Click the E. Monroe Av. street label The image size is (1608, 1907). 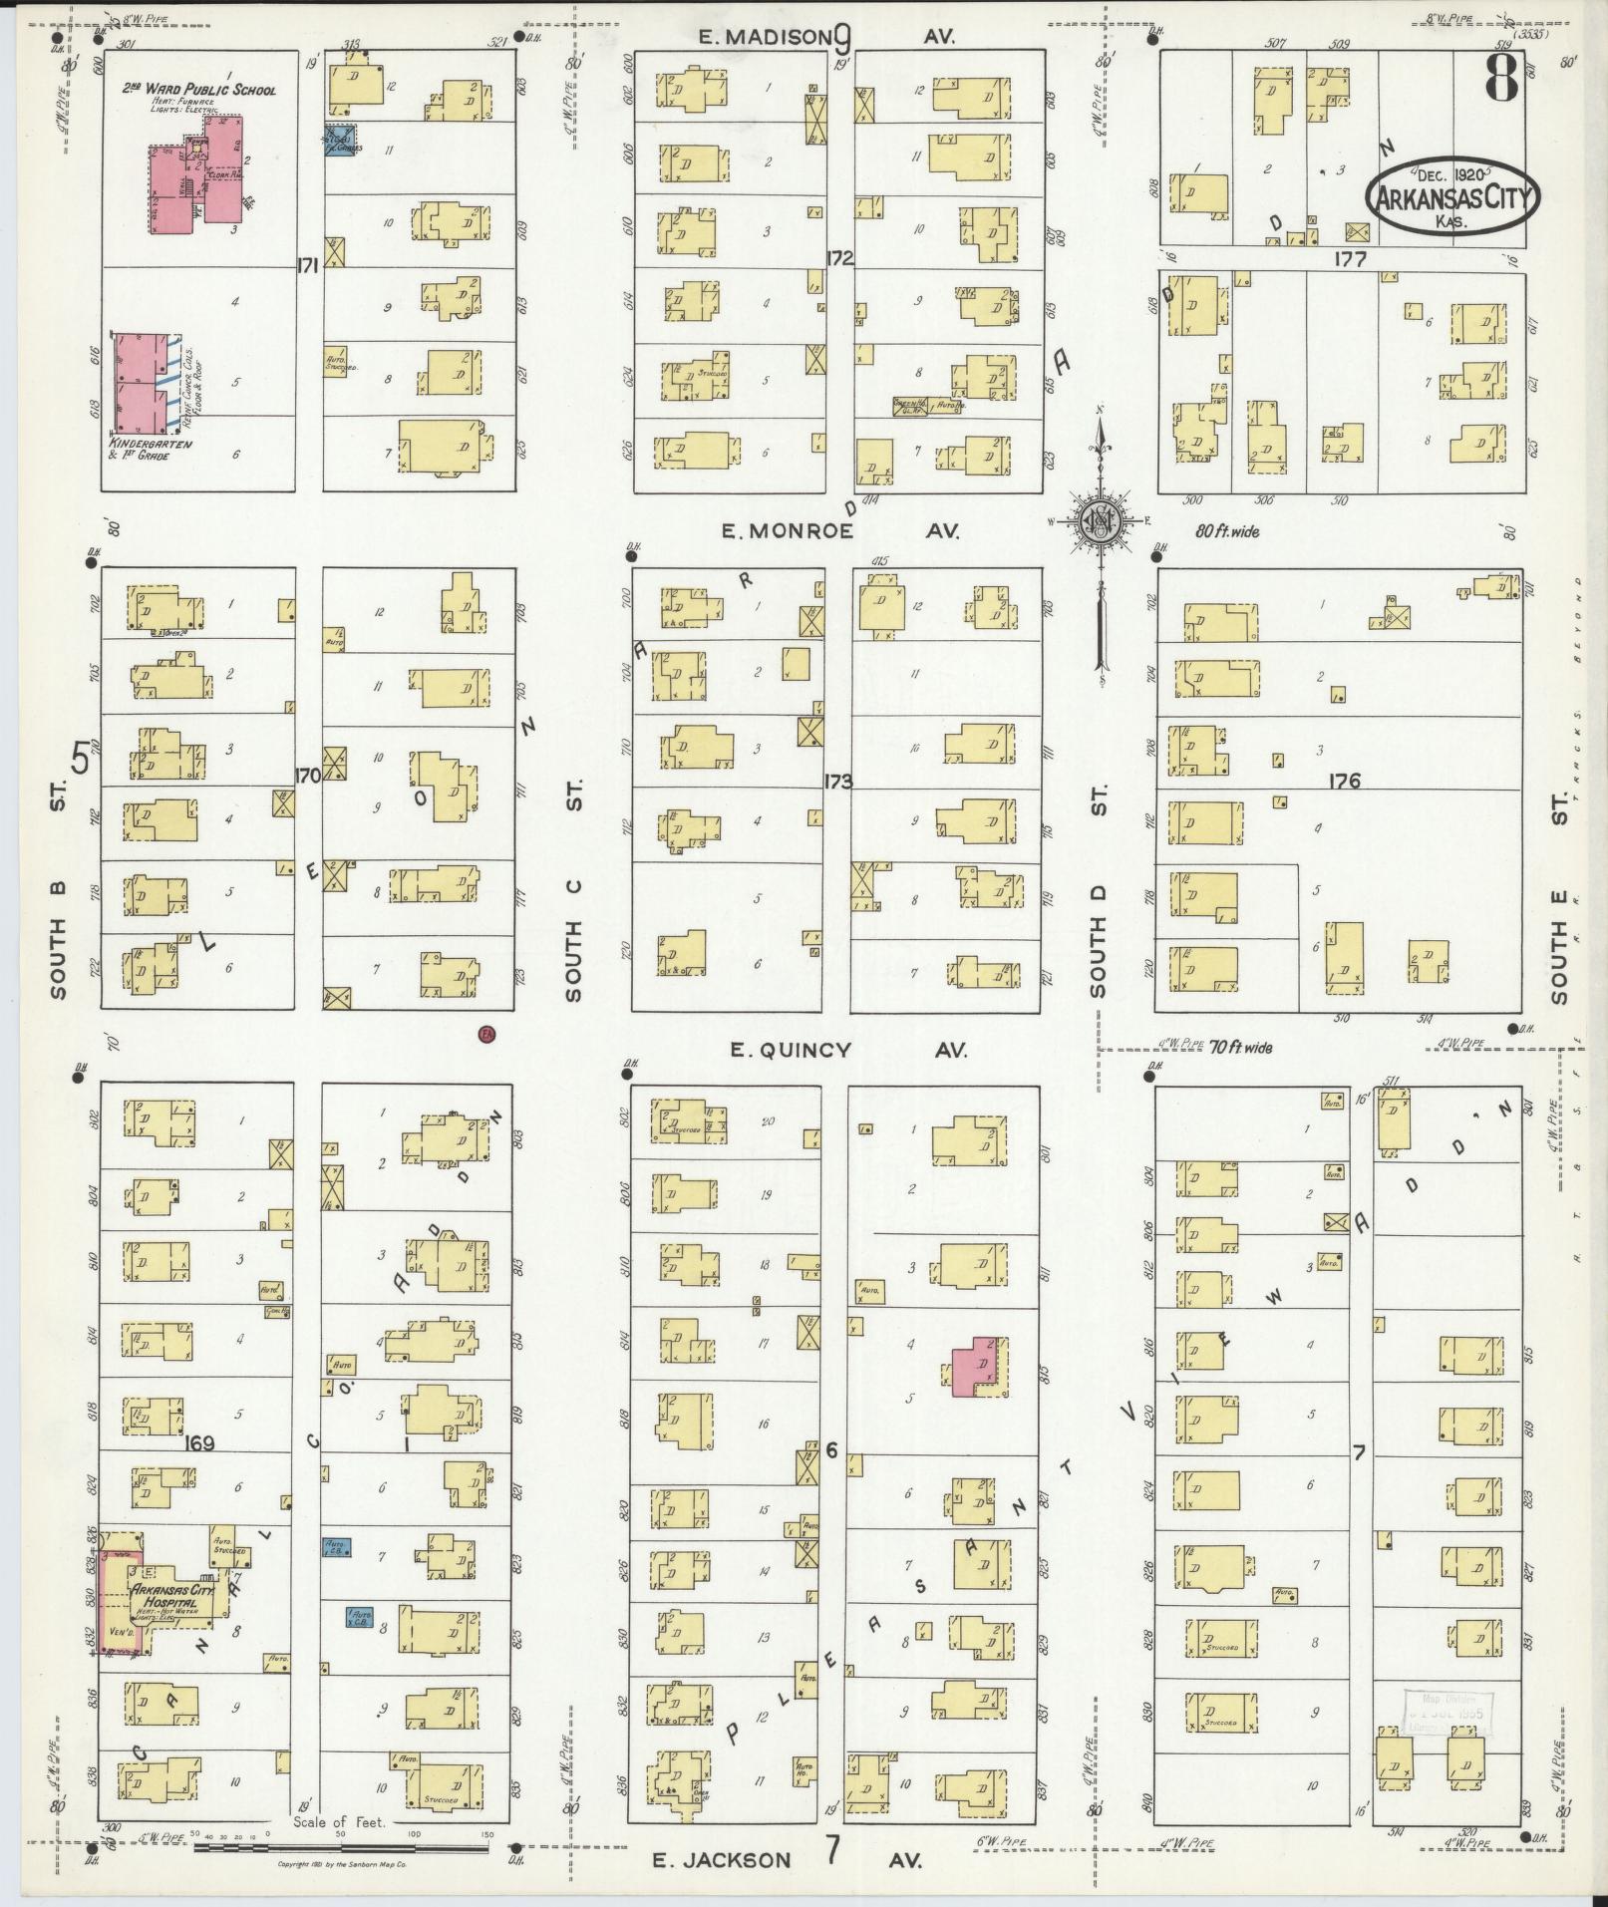839,531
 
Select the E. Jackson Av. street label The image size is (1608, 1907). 788,1859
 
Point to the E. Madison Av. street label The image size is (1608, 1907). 839,37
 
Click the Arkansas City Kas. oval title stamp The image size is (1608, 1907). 1451,199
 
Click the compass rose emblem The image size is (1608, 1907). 1100,520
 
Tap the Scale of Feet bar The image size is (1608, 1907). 339,1847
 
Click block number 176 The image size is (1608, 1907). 1344,782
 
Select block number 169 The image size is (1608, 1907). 200,1441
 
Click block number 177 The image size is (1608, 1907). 1352,259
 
